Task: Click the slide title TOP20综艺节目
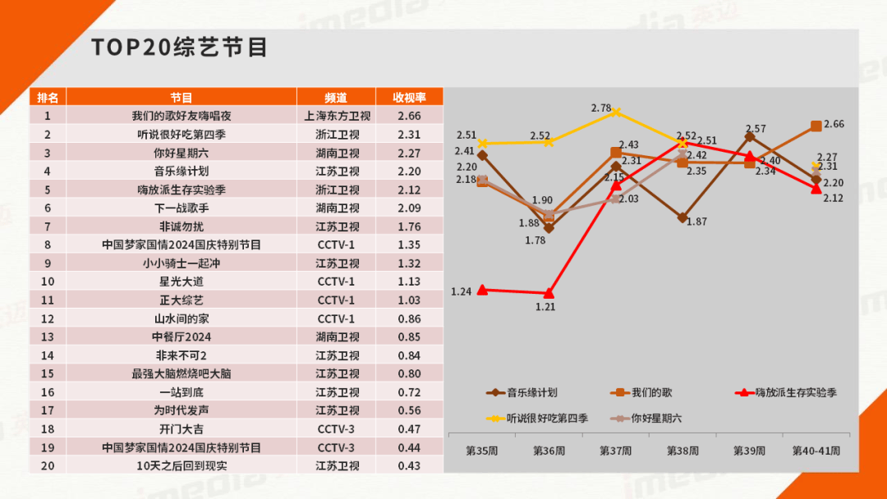pyautogui.click(x=179, y=47)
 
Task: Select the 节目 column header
pyautogui.click(x=182, y=98)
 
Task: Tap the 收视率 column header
pyautogui.click(x=408, y=98)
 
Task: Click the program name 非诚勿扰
pyautogui.click(x=182, y=227)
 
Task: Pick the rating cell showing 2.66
pyautogui.click(x=408, y=117)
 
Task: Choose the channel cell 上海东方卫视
pyautogui.click(x=337, y=117)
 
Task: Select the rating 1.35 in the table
pyautogui.click(x=408, y=245)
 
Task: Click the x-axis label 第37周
pyautogui.click(x=615, y=451)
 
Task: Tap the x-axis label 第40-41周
pyautogui.click(x=815, y=451)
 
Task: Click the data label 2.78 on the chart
pyautogui.click(x=600, y=108)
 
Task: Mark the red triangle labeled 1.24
pyautogui.click(x=482, y=289)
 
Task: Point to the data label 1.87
pyautogui.click(x=697, y=222)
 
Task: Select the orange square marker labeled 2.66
pyautogui.click(x=816, y=126)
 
